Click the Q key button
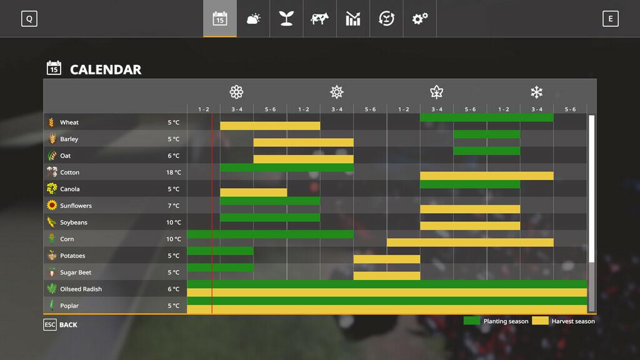point(29,19)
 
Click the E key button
point(611,19)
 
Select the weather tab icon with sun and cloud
point(253,19)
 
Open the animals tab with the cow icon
point(319,19)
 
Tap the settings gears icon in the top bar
point(419,19)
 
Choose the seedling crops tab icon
point(286,19)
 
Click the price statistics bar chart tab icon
point(353,19)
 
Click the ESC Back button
point(61,324)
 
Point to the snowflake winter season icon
point(536,92)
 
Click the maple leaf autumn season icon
point(436,92)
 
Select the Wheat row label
point(69,122)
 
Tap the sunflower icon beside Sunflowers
point(52,206)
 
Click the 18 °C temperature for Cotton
point(173,172)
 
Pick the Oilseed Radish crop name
point(81,289)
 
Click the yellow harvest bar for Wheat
point(270,126)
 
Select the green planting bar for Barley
point(486,134)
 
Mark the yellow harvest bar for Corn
point(470,242)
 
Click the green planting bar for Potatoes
point(220,251)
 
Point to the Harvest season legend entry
point(564,321)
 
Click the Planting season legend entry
point(496,321)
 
